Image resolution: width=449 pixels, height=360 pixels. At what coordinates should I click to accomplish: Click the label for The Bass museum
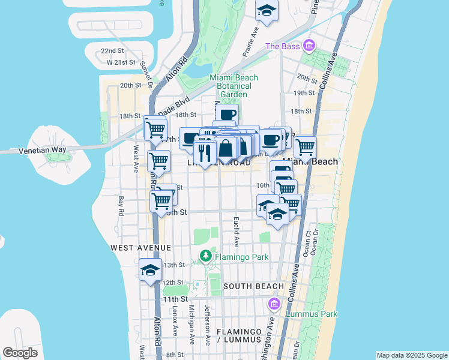281,46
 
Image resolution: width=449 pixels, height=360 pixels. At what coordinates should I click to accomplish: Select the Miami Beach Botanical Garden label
234,86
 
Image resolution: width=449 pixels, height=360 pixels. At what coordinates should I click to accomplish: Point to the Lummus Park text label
312,314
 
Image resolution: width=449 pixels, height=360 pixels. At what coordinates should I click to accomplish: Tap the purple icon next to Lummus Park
275,304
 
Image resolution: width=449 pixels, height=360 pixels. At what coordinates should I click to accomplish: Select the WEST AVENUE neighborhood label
140,247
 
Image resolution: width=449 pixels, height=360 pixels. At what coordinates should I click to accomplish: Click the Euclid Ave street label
237,232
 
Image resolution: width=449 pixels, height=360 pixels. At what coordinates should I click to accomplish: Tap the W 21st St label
119,62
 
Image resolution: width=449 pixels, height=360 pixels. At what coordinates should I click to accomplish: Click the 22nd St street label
112,51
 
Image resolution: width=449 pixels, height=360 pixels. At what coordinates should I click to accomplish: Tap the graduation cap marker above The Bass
267,10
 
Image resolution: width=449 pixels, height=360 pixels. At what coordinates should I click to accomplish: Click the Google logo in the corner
20,353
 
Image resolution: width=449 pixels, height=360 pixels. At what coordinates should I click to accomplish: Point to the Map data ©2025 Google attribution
412,355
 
